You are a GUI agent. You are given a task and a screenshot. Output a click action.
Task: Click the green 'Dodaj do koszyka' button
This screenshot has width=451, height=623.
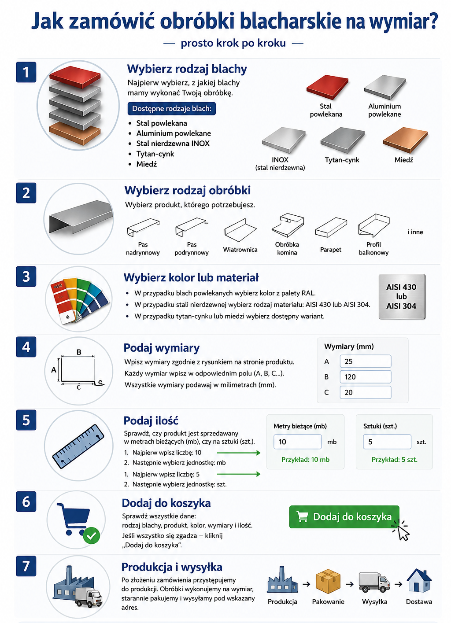[x=344, y=516]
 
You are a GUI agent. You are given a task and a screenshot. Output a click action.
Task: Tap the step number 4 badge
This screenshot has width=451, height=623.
[x=26, y=347]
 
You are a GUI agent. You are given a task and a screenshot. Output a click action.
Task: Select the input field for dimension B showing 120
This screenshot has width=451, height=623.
[x=365, y=377]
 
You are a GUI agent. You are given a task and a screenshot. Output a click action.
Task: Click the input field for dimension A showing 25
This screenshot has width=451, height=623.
[x=365, y=361]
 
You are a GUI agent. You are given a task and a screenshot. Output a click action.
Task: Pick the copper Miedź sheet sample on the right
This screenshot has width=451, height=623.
[x=405, y=140]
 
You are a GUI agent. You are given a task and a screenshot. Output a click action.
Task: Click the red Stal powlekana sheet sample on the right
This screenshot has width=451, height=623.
[x=327, y=87]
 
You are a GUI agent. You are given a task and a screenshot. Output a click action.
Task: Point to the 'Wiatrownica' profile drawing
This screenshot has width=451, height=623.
[x=240, y=231]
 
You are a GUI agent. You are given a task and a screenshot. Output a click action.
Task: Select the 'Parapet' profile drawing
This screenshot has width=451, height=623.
[x=331, y=228]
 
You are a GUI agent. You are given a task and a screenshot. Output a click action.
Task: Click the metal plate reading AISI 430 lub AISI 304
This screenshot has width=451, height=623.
[x=402, y=296]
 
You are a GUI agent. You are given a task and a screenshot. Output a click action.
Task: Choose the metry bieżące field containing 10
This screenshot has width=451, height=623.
[x=297, y=442]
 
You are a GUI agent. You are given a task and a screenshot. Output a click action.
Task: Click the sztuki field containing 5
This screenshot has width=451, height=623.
[x=387, y=442]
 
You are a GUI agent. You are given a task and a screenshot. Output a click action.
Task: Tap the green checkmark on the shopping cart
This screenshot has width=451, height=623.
[x=91, y=535]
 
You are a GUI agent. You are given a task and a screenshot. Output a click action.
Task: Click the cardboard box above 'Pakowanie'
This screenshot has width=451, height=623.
[x=328, y=581]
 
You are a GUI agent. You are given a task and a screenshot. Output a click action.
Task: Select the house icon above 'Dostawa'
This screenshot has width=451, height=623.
[x=419, y=580]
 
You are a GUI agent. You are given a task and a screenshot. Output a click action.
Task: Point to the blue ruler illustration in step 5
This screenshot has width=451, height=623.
[x=78, y=446]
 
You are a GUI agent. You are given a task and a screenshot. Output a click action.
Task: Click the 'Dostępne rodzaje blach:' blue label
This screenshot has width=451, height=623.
[x=171, y=108]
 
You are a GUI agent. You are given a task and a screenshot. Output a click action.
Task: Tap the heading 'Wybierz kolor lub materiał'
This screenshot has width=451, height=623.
[x=191, y=277]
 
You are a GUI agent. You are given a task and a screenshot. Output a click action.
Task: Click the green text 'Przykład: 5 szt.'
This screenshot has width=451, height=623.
[x=394, y=460]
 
